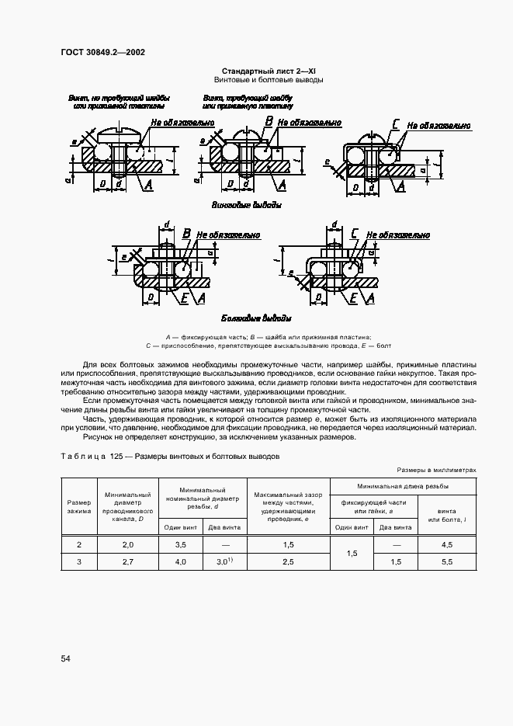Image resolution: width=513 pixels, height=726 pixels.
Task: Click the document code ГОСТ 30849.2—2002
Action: [102, 53]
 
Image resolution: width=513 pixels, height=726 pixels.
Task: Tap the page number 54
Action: [66, 658]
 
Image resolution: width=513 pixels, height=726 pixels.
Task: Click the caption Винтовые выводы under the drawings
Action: [246, 205]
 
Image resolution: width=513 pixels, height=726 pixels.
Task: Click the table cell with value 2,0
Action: [128, 545]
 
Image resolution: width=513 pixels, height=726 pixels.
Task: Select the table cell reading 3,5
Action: [180, 545]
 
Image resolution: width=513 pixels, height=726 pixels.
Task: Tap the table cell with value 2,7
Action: [128, 561]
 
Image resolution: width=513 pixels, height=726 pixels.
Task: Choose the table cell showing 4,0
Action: [180, 561]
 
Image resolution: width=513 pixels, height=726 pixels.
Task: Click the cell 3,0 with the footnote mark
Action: [224, 561]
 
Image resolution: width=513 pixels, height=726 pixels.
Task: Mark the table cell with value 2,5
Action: [286, 561]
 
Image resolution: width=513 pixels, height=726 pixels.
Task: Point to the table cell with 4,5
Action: [446, 545]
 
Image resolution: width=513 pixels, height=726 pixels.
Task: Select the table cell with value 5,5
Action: [446, 561]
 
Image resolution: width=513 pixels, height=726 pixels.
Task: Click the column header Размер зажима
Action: [78, 507]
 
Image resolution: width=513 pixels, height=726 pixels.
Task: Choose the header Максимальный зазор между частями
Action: [286, 507]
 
